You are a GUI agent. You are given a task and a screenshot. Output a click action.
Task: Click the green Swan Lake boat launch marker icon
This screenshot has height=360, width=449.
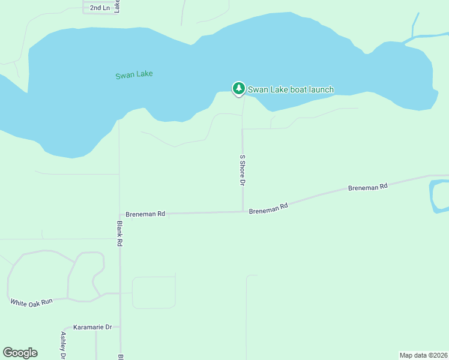[239, 89]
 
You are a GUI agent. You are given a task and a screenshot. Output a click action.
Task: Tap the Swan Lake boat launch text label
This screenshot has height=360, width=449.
[291, 90]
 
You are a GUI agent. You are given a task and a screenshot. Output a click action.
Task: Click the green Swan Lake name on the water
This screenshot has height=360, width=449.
[134, 74]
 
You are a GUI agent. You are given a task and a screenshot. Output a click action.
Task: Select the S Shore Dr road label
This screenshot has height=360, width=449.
[243, 170]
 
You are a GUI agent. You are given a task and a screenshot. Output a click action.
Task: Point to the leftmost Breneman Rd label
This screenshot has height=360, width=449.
[145, 214]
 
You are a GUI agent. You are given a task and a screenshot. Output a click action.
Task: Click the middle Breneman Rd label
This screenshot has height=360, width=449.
[268, 208]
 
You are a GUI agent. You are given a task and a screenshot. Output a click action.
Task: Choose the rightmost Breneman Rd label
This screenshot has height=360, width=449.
[367, 188]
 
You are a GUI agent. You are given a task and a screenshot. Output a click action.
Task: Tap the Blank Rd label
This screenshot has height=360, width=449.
[120, 233]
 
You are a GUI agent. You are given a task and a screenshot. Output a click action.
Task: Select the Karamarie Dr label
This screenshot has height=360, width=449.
[92, 328]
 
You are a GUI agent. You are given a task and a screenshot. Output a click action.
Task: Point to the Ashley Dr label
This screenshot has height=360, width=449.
[63, 345]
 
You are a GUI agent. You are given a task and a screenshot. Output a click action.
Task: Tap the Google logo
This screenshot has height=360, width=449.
[20, 353]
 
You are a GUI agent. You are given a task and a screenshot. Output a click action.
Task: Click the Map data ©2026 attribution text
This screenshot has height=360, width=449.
[424, 355]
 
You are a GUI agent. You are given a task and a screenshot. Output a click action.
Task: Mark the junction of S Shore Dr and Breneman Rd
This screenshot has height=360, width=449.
[243, 211]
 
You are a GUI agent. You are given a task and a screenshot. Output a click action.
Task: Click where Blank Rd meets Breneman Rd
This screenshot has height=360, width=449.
[120, 214]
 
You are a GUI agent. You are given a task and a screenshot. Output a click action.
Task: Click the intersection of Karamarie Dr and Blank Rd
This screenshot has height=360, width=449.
[120, 328]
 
